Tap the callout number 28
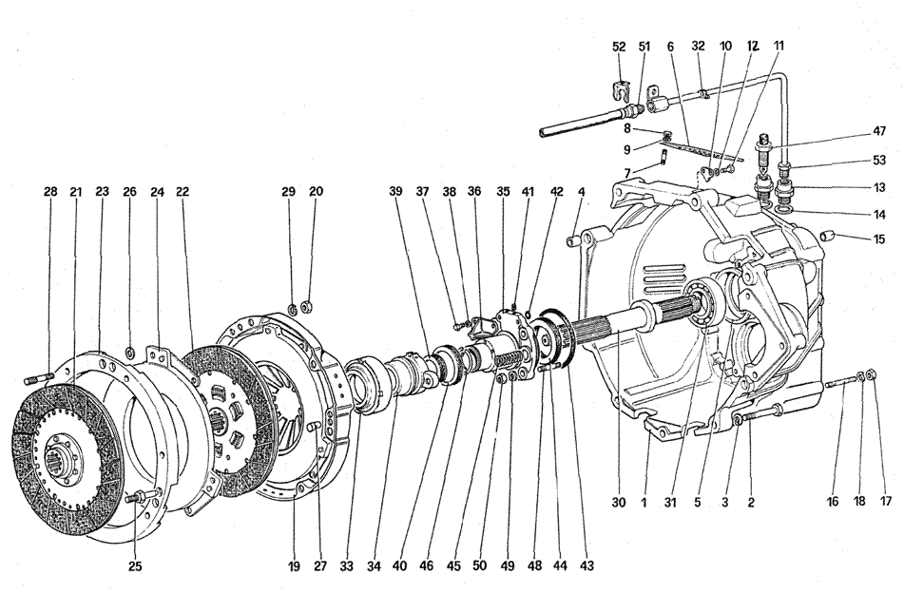pyautogui.click(x=49, y=191)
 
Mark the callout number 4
pyautogui.click(x=579, y=191)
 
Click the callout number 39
pyautogui.click(x=394, y=191)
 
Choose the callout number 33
pyautogui.click(x=347, y=566)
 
